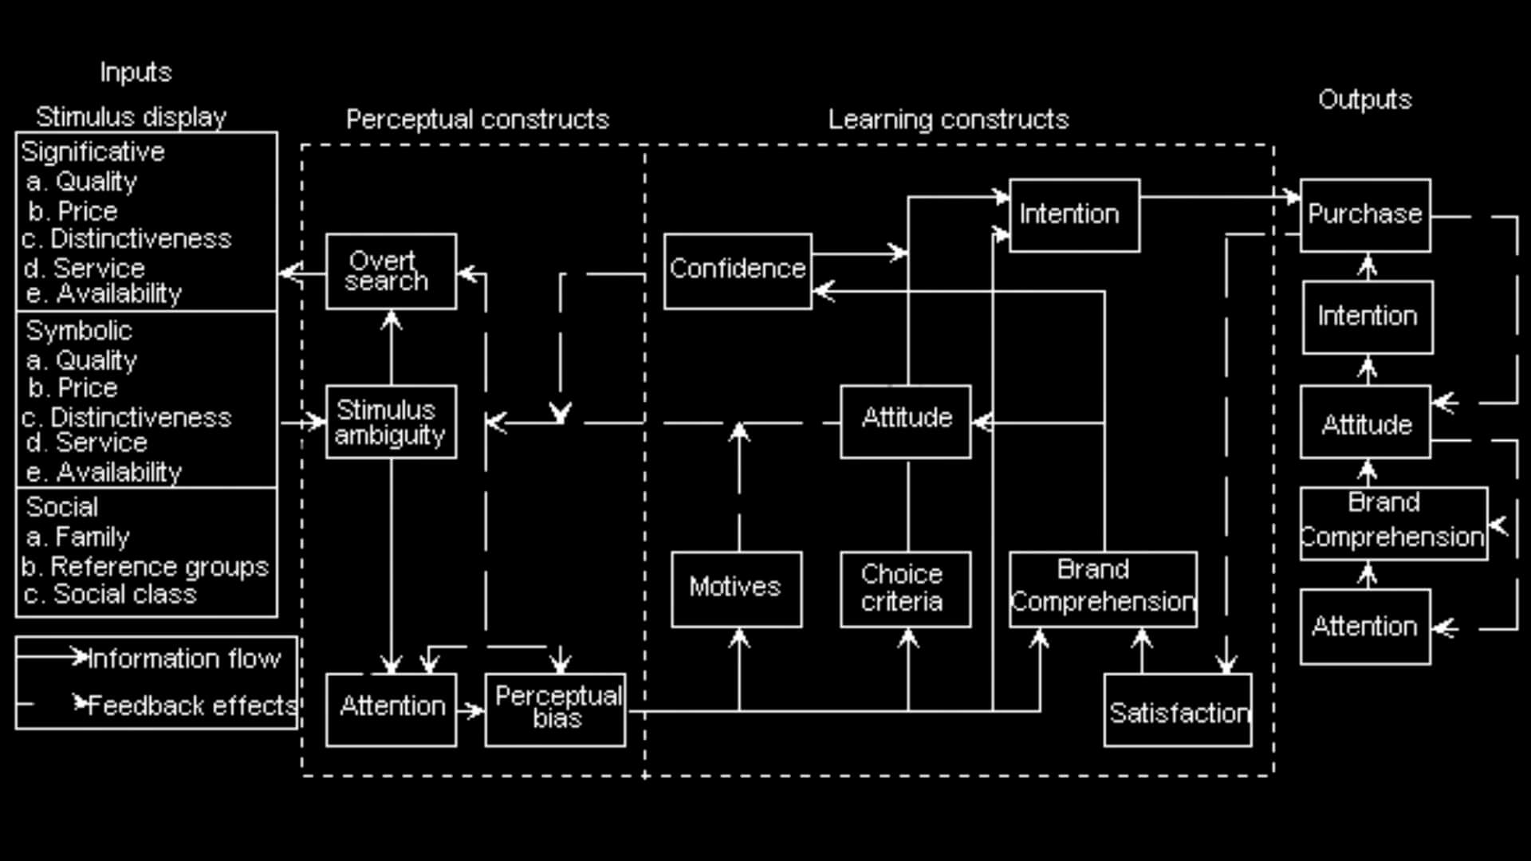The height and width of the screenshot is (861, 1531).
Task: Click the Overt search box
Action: tap(391, 271)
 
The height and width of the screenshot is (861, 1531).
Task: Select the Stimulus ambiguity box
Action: tap(391, 422)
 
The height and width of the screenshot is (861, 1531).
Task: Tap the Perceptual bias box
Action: tap(555, 710)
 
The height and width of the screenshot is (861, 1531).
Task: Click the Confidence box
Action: tap(738, 270)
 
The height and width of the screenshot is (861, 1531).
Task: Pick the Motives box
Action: tap(736, 588)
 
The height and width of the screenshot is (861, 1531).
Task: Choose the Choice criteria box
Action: tap(905, 588)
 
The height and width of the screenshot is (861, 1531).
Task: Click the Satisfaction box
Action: tap(1178, 711)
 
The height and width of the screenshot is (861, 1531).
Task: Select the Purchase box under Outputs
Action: tap(1365, 215)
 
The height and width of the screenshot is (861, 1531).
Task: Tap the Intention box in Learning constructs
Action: tap(1074, 215)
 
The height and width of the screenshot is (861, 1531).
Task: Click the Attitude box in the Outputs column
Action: tap(1365, 423)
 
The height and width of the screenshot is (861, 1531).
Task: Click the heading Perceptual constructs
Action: tap(477, 120)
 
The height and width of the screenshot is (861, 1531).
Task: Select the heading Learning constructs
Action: tap(948, 120)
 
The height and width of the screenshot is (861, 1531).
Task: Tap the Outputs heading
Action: tap(1364, 100)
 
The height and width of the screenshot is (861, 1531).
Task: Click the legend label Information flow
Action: tap(184, 659)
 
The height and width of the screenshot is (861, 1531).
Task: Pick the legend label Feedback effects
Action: tap(192, 706)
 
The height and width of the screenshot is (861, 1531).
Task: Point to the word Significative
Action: tap(92, 151)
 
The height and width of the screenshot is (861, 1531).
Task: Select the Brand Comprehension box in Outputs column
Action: tap(1393, 523)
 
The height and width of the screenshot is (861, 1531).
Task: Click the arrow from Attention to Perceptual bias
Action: tap(470, 710)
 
